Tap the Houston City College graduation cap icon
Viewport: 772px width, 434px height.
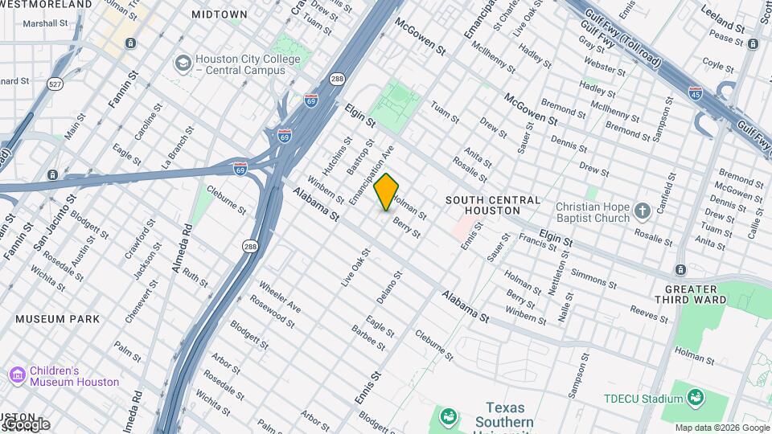pos(183,63)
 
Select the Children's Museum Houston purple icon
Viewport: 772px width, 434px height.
pos(16,375)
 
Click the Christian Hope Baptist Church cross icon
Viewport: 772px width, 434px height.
pos(642,211)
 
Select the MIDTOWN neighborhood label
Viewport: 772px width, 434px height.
pos(220,14)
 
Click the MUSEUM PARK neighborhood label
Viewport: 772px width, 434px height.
pos(58,319)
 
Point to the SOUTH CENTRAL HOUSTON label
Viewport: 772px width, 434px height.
pos(493,205)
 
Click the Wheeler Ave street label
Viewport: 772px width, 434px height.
pos(280,297)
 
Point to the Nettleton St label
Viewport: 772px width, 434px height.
pos(554,275)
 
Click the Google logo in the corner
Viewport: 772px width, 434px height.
pos(26,424)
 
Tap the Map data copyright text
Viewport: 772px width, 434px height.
pos(721,428)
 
